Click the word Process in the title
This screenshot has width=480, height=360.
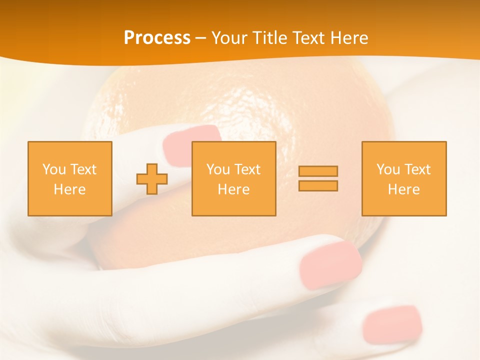tap(157, 38)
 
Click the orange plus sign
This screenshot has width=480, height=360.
tap(152, 178)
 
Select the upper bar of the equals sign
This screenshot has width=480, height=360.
tap(318, 171)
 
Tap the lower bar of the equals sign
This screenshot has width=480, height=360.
tap(318, 185)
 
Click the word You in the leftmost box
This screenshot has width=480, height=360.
tap(54, 169)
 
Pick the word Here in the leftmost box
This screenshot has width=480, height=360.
tap(69, 189)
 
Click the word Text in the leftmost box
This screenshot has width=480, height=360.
tap(83, 169)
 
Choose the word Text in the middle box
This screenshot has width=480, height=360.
tap(247, 169)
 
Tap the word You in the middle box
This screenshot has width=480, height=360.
tap(218, 169)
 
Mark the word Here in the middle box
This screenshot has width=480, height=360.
tap(233, 189)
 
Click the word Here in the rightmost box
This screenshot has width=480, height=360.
tap(403, 189)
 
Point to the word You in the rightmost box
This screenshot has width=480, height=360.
tap(388, 169)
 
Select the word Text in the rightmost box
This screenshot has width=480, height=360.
tap(417, 169)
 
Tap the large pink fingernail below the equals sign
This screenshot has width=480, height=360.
tap(330, 265)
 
